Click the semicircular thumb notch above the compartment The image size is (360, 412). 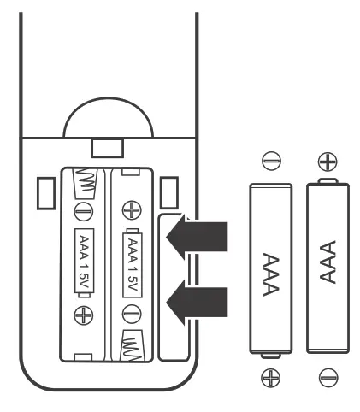(x=108, y=117)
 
